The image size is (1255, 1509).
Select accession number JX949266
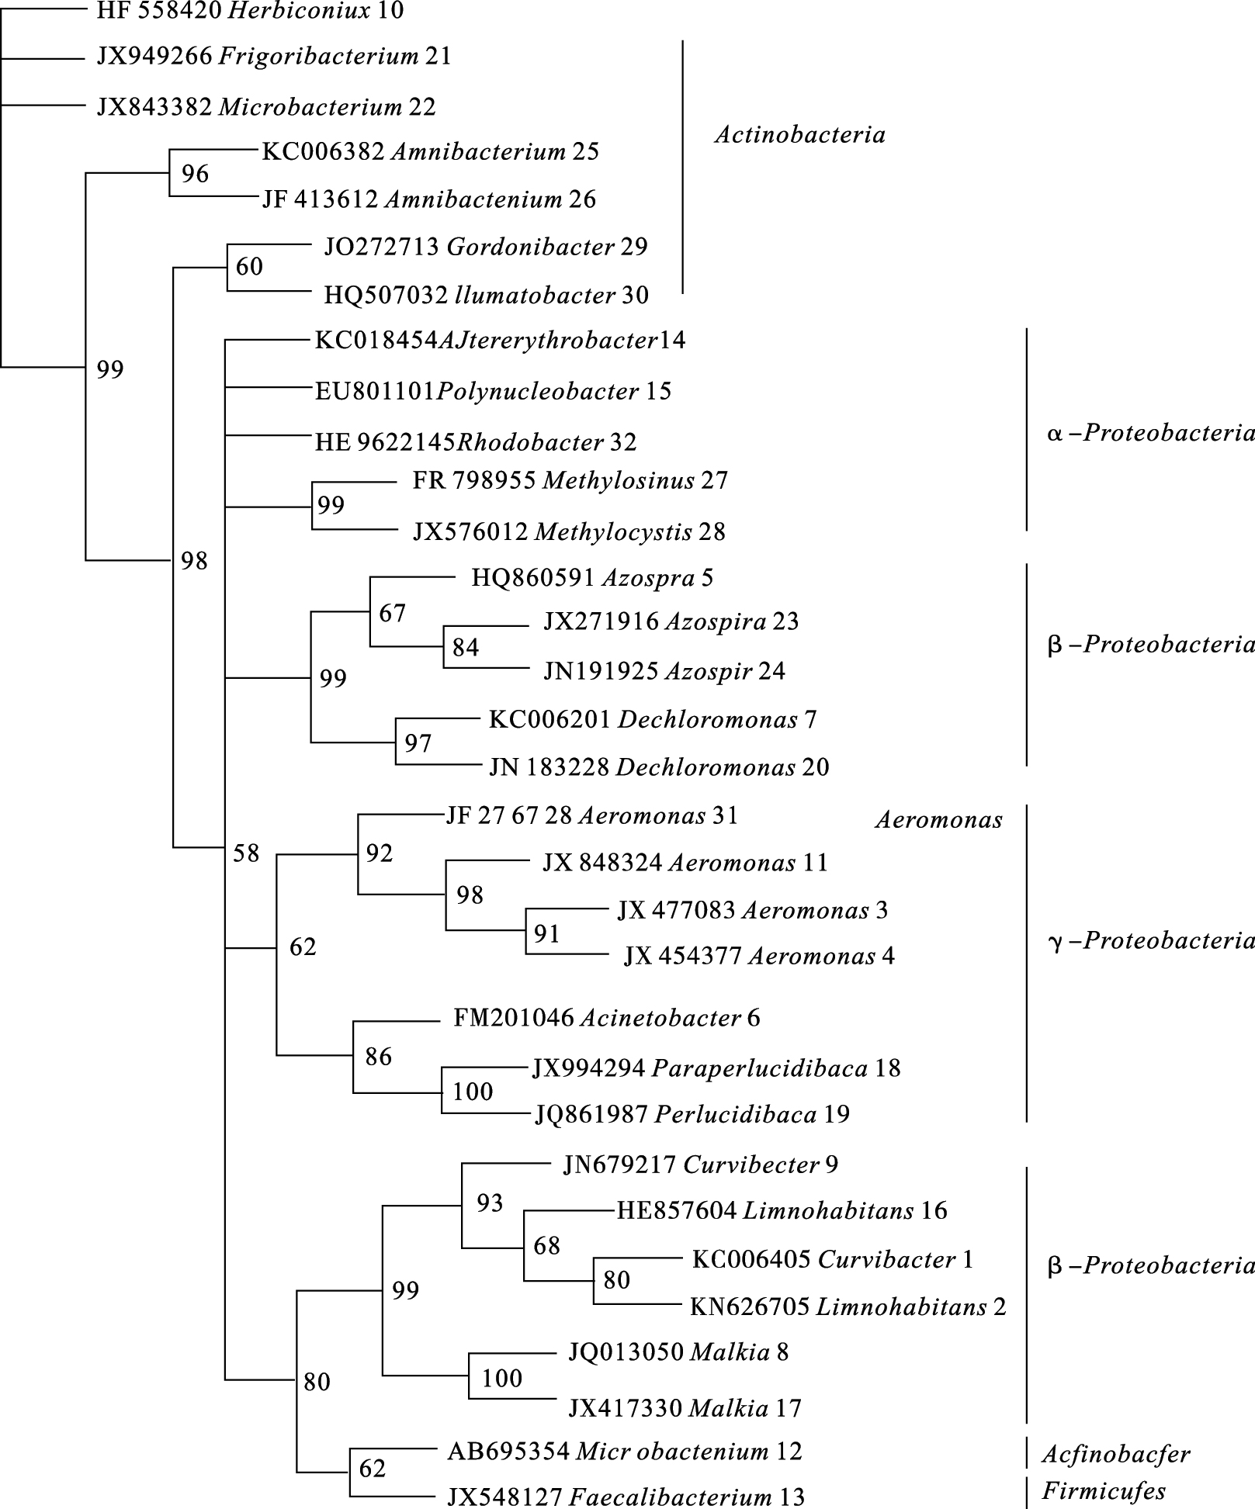coord(154,57)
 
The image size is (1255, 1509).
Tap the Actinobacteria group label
coord(799,135)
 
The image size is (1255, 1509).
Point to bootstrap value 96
coord(195,174)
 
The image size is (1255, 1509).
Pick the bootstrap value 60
coord(249,267)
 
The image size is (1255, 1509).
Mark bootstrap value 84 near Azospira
coord(466,648)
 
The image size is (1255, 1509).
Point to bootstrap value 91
coord(547,934)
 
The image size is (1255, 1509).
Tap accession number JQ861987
coord(591,1115)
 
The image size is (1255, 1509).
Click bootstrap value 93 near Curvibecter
coord(490,1203)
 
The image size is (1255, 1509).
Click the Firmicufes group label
coord(1104,1490)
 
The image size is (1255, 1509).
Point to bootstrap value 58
coord(246,853)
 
